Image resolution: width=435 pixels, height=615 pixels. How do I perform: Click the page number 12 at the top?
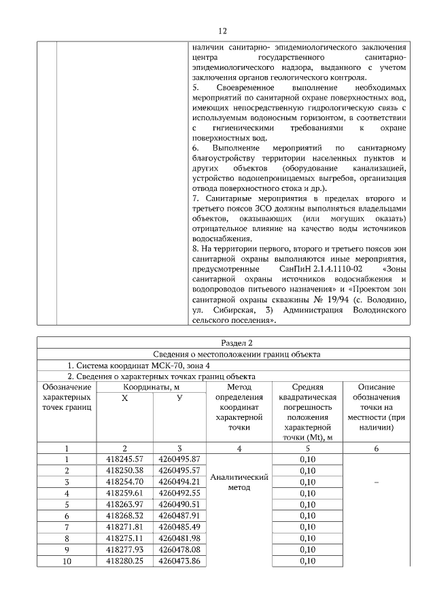[222, 31]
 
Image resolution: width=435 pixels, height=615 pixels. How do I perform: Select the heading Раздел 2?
[223, 342]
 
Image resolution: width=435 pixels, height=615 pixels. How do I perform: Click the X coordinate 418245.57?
[124, 459]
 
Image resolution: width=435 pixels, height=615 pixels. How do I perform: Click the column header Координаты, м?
[152, 387]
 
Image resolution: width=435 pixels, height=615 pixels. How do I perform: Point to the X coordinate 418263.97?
[124, 504]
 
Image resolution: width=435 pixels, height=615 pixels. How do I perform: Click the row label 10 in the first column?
[67, 561]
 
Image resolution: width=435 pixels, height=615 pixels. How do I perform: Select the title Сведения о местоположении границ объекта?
[223, 354]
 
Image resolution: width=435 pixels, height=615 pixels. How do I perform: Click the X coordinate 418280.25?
[124, 561]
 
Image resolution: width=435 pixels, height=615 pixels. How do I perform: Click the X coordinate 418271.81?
[124, 527]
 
